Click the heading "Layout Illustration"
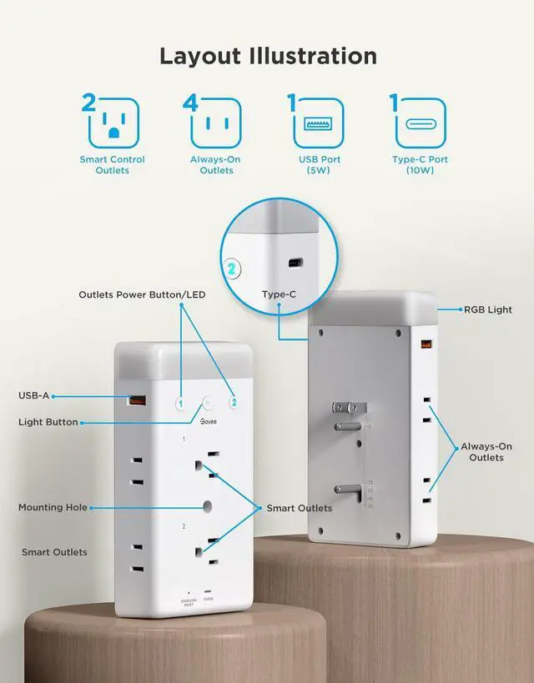tap(268, 56)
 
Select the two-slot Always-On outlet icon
tap(216, 123)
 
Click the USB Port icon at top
tap(319, 123)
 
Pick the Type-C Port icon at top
tap(422, 123)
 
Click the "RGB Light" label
tap(488, 309)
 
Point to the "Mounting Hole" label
tap(52, 507)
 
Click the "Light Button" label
tap(48, 422)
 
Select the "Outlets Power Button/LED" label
tap(142, 294)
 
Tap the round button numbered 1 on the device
tap(179, 403)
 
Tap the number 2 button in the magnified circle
tap(231, 269)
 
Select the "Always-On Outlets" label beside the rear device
tap(486, 452)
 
